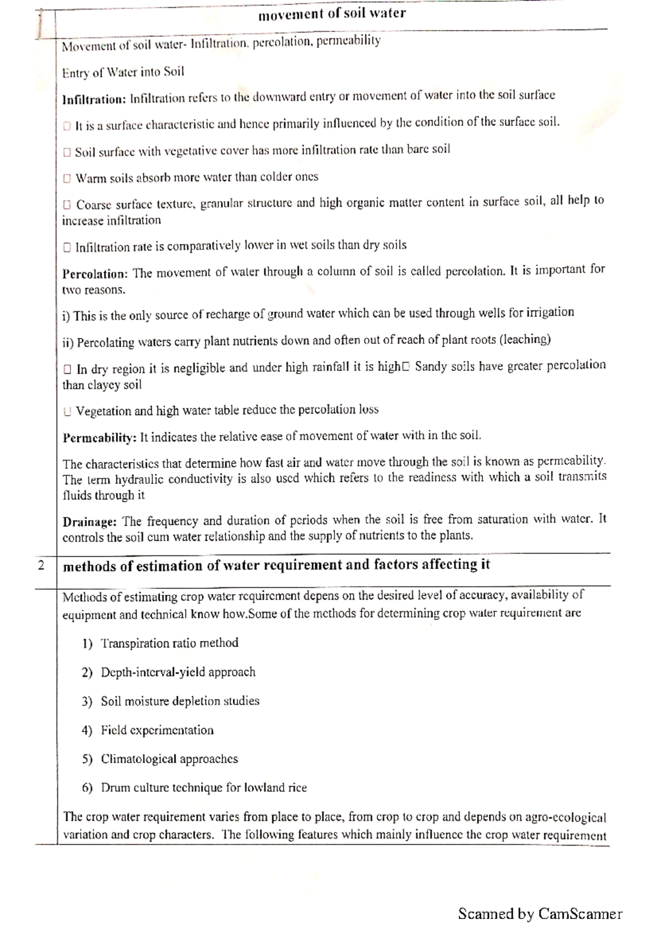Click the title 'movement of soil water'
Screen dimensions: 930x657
pyautogui.click(x=332, y=14)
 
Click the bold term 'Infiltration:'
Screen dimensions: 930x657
pyautogui.click(x=94, y=99)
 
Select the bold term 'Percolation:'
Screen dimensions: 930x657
pyautogui.click(x=95, y=273)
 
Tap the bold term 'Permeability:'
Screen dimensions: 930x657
pyautogui.click(x=99, y=438)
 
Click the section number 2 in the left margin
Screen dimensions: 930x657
pyautogui.click(x=42, y=565)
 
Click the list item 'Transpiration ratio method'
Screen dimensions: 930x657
pyautogui.click(x=169, y=643)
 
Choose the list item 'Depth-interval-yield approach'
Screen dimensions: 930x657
pyautogui.click(x=178, y=672)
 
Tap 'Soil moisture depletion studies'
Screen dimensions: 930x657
pyautogui.click(x=180, y=701)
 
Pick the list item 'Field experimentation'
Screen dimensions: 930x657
pyautogui.click(x=157, y=730)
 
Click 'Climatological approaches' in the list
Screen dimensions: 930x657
pyautogui.click(x=169, y=759)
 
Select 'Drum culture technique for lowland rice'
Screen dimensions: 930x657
pyautogui.click(x=204, y=788)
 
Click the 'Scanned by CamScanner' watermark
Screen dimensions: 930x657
pyautogui.click(x=540, y=914)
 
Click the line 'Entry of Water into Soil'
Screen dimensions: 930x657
pyautogui.click(x=123, y=72)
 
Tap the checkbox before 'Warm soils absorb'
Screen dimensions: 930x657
pyautogui.click(x=67, y=179)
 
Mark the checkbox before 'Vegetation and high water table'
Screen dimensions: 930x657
pyautogui.click(x=67, y=411)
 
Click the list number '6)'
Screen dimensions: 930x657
pyautogui.click(x=87, y=788)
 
